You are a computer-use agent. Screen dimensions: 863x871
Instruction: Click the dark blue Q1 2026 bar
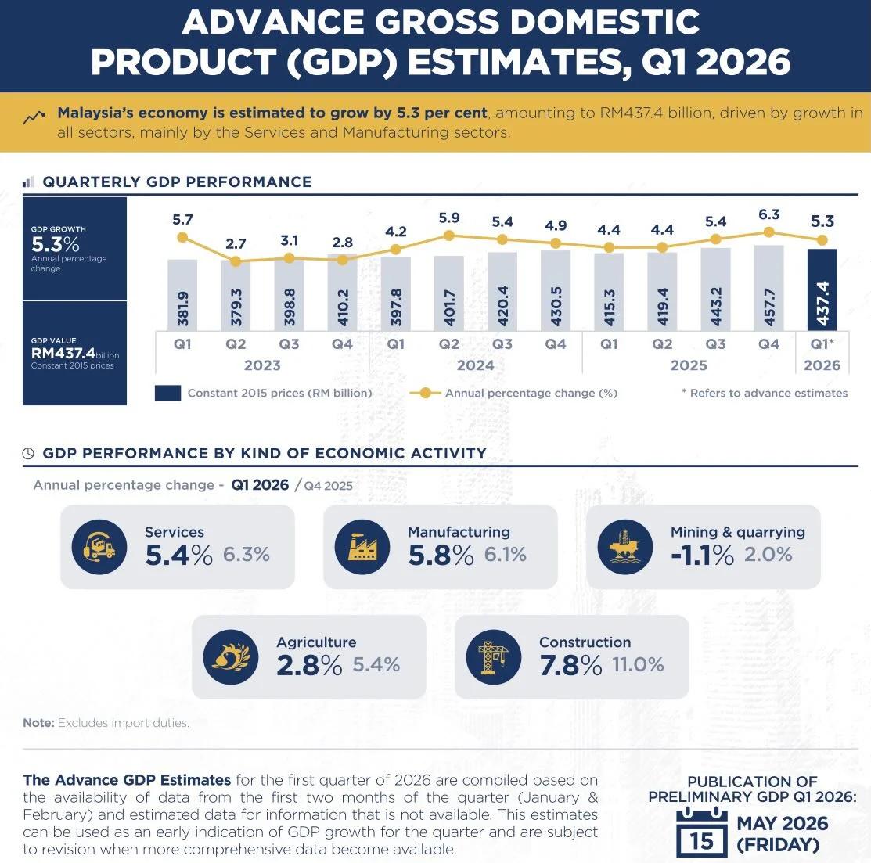[x=822, y=289]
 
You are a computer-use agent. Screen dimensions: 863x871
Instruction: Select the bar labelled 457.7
[x=768, y=288]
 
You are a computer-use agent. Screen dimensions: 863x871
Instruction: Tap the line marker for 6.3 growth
[x=768, y=232]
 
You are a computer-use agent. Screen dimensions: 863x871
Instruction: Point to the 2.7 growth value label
[x=236, y=244]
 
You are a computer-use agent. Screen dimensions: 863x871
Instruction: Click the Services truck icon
[x=99, y=547]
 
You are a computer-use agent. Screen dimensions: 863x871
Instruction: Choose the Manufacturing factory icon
[x=362, y=547]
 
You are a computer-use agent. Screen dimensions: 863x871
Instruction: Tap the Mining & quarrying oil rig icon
[x=625, y=547]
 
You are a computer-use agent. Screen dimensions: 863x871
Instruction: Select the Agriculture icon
[x=231, y=657]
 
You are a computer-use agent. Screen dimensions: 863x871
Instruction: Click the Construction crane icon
[x=494, y=657]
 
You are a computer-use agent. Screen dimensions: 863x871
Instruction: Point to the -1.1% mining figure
[x=702, y=555]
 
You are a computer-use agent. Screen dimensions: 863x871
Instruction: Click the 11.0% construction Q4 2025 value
[x=638, y=665]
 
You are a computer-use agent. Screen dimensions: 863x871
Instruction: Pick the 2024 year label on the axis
[x=475, y=365]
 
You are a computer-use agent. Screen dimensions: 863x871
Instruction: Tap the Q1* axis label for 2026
[x=822, y=344]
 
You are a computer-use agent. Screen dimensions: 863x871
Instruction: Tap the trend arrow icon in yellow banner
[x=34, y=118]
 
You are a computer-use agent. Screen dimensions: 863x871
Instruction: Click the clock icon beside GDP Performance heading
[x=29, y=453]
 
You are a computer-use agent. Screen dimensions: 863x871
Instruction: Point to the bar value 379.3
[x=236, y=307]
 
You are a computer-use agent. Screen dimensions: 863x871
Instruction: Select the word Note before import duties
[x=38, y=723]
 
